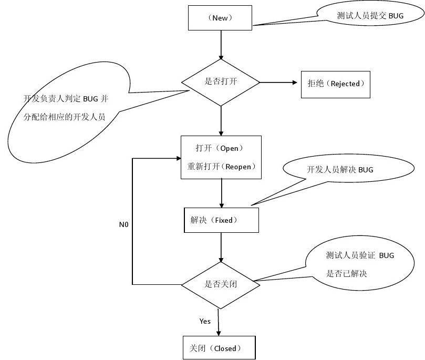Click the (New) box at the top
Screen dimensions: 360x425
coord(221,18)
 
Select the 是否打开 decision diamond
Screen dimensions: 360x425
coord(221,81)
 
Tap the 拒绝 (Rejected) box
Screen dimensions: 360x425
coord(335,84)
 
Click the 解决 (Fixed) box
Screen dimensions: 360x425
coord(221,220)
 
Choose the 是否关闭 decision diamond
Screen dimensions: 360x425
coord(221,284)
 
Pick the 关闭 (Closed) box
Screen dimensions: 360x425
coord(219,348)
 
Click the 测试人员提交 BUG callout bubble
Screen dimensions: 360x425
coord(370,16)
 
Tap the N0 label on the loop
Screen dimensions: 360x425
coord(123,224)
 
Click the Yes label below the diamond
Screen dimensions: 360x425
coord(205,321)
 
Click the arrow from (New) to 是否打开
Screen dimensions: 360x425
coord(221,45)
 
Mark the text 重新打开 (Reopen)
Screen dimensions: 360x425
coord(221,167)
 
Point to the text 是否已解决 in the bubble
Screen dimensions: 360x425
coord(346,274)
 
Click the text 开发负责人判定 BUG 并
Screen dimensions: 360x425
coord(66,99)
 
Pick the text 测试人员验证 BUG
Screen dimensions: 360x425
coord(360,255)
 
